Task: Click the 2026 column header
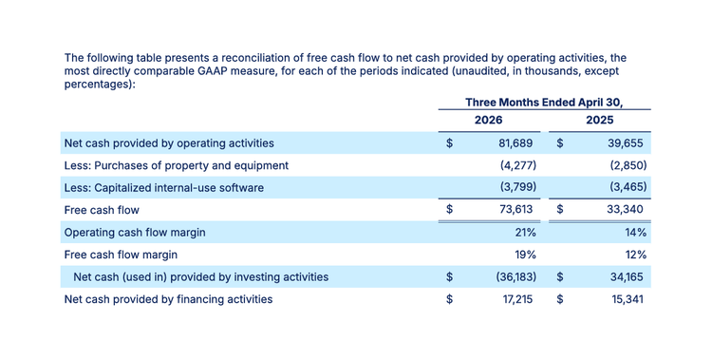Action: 489,120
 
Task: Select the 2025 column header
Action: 599,120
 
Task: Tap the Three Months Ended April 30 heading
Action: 544,103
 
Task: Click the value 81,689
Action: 515,143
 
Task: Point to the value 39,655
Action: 626,143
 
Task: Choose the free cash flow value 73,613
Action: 515,209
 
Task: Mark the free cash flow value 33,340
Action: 626,209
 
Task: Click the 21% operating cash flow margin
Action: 525,233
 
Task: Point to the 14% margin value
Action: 636,233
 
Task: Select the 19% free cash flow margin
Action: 525,255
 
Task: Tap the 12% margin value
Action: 636,255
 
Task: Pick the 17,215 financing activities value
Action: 517,299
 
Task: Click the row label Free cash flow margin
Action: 121,255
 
